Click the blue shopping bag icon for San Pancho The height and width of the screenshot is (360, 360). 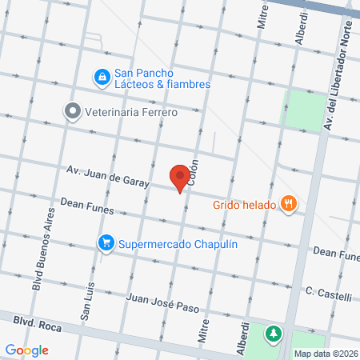point(102,77)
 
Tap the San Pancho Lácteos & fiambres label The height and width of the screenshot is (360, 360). point(162,78)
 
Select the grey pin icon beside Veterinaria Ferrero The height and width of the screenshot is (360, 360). point(73,112)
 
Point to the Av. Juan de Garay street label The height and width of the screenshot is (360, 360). point(109,176)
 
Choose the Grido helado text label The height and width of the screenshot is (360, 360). point(243,204)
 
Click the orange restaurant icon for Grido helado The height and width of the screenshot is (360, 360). point(289,204)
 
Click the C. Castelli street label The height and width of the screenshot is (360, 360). point(328,294)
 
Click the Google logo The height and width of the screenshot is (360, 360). point(27,350)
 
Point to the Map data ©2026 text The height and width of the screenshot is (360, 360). point(324,353)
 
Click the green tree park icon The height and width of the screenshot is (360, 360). point(274,332)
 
